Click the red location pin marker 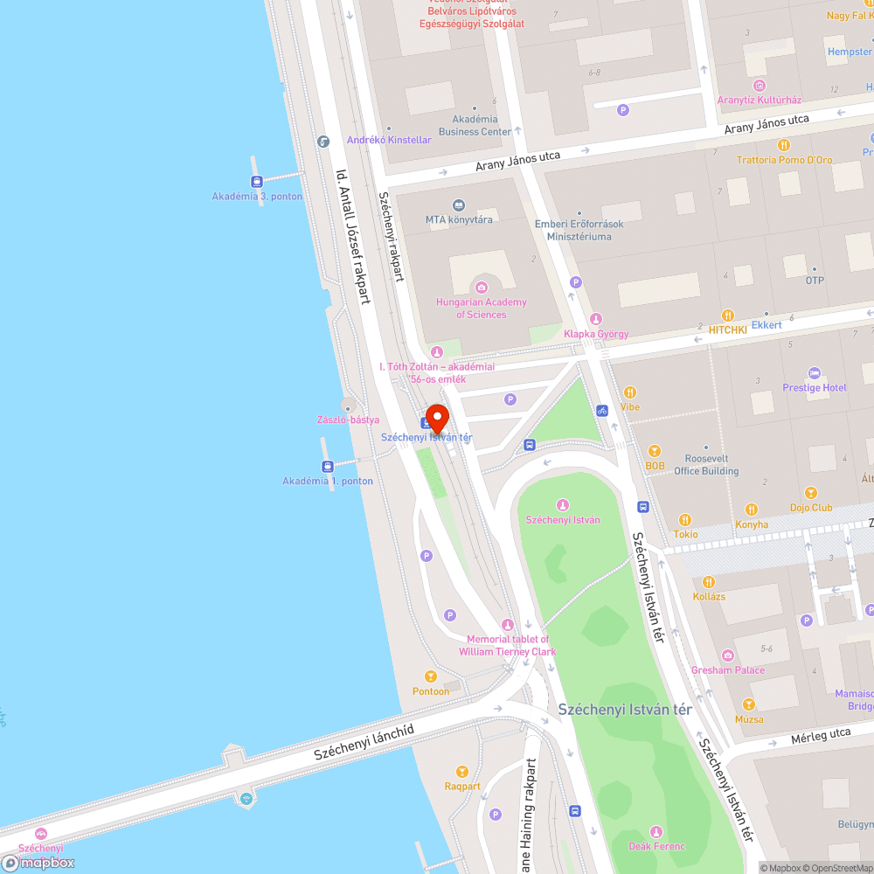pyautogui.click(x=437, y=418)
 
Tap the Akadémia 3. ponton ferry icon pyautogui.click(x=257, y=182)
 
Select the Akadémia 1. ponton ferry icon pyautogui.click(x=328, y=467)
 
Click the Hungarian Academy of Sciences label pyautogui.click(x=482, y=309)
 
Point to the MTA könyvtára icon pyautogui.click(x=459, y=205)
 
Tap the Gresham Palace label pyautogui.click(x=728, y=670)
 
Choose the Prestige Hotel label pyautogui.click(x=815, y=387)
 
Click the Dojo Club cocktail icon pyautogui.click(x=811, y=493)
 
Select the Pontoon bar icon pyautogui.click(x=430, y=676)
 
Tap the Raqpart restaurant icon pyautogui.click(x=462, y=771)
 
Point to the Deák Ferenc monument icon pyautogui.click(x=656, y=831)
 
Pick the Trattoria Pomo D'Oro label pyautogui.click(x=784, y=160)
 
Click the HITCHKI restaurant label pyautogui.click(x=728, y=329)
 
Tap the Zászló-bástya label pyautogui.click(x=348, y=420)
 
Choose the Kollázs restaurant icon pyautogui.click(x=709, y=581)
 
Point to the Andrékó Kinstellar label pyautogui.click(x=389, y=140)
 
